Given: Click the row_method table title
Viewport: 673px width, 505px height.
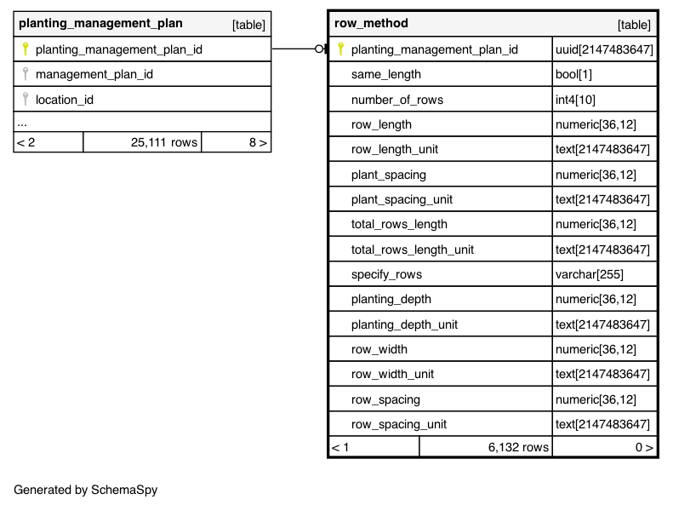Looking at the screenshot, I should coord(371,24).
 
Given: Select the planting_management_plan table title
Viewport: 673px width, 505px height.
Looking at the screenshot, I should coord(100,24).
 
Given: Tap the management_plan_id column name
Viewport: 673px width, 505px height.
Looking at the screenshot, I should coord(94,74).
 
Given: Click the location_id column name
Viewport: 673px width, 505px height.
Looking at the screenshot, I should coord(65,100).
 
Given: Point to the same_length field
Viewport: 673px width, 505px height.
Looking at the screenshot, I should coord(386,74).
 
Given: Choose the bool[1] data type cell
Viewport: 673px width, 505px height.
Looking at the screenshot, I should coord(574,74).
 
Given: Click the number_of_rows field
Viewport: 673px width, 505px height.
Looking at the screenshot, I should coord(397,100).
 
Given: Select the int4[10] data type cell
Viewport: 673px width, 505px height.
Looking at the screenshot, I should coord(576,100).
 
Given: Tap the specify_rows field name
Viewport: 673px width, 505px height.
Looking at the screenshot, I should coord(386,274).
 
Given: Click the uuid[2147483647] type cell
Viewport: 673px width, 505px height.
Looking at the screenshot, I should coord(604,49).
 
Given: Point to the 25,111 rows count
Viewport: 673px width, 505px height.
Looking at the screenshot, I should coord(164,142).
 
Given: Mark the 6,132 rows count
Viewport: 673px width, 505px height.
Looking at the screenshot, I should coord(518,447).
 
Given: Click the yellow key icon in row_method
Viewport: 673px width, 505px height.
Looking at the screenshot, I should coord(341,49).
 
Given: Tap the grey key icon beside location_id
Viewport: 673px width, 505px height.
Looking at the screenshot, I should coord(26,100).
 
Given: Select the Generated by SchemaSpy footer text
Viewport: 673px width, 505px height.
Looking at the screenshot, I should coord(86,490).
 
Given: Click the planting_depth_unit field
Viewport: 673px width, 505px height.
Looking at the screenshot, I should coord(404,324).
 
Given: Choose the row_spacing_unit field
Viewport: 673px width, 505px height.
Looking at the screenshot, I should coord(399,424).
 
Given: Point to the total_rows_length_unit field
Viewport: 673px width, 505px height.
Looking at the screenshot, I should coord(413,250).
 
